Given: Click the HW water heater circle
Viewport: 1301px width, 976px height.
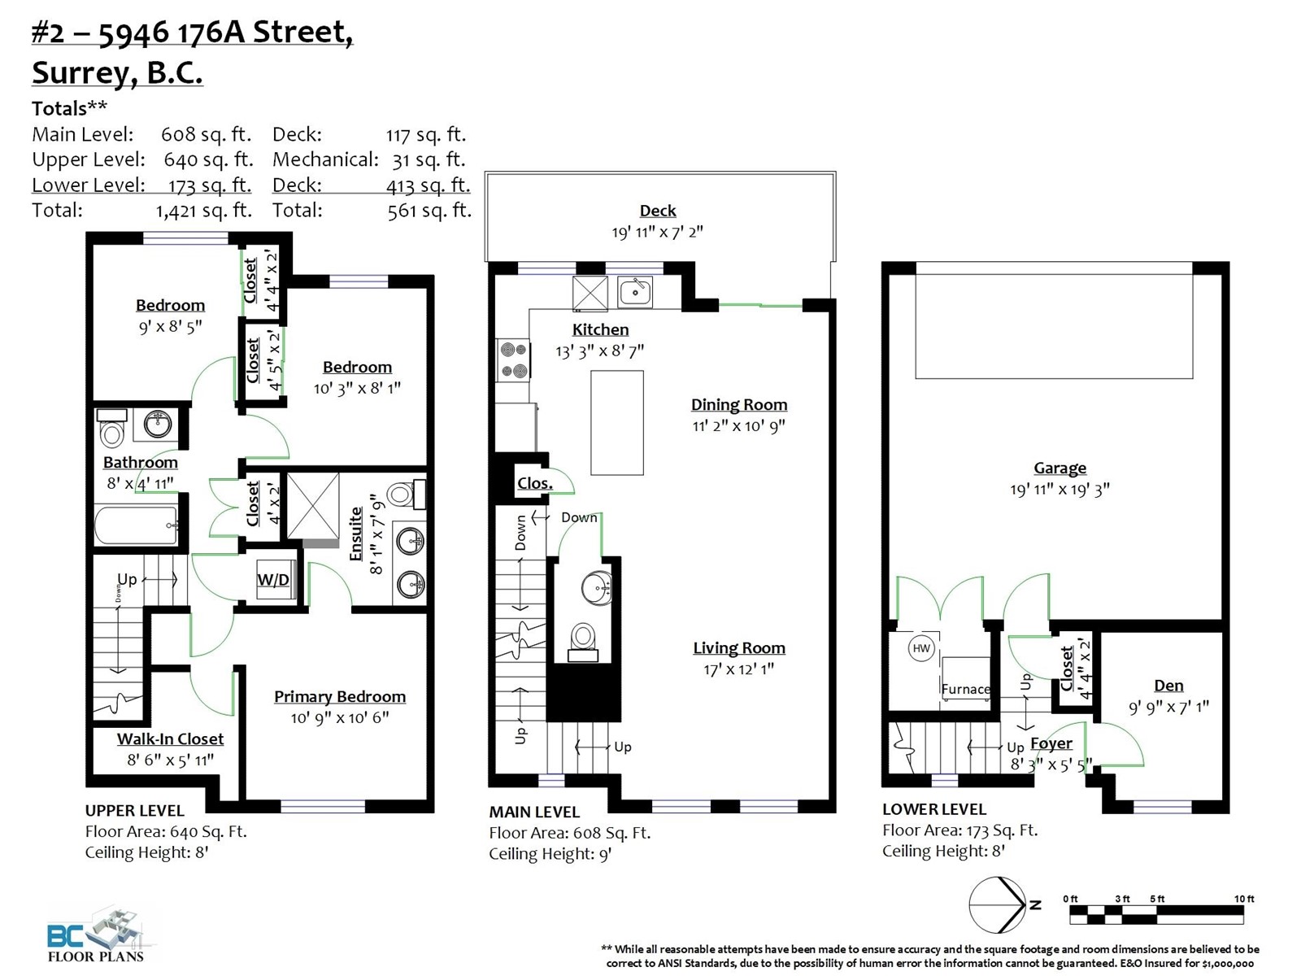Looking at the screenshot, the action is (921, 648).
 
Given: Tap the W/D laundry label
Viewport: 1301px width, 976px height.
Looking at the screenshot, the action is (273, 579).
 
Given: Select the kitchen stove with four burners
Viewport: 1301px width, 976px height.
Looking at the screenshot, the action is (513, 361).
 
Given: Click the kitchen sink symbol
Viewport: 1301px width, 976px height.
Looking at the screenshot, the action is (635, 291).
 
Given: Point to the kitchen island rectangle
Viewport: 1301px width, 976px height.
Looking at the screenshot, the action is (617, 422).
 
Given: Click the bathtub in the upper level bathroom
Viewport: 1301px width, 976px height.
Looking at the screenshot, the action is (137, 525).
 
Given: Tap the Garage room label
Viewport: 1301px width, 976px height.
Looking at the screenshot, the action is (1060, 468).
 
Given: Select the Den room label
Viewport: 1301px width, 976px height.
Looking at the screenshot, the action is (1168, 686).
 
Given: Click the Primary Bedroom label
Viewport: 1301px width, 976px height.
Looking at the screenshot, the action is (340, 697).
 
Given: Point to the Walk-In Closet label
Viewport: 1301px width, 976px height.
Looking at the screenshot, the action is (170, 739).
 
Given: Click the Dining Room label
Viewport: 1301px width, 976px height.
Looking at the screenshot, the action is (739, 405).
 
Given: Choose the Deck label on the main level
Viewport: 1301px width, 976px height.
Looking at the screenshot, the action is (657, 211).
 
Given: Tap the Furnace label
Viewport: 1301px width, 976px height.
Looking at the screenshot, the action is (965, 689).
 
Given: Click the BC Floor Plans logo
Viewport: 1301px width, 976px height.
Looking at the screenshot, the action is (96, 935).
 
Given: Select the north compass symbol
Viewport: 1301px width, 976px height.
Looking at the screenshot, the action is (999, 905).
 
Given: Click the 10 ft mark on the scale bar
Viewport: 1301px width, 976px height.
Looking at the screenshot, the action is (1244, 899).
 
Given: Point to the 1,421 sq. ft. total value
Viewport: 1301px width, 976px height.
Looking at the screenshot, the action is (204, 211).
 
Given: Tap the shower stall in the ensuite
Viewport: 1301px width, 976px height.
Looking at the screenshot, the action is (313, 506).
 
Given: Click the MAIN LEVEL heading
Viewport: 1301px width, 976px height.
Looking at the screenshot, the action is (534, 812).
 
